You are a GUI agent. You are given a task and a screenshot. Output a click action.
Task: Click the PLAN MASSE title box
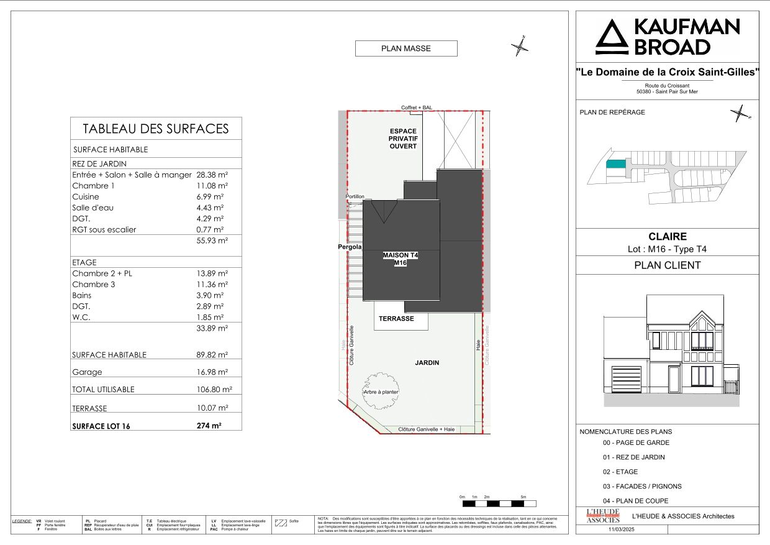(406, 48)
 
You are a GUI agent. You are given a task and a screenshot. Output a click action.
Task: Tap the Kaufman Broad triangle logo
(612, 37)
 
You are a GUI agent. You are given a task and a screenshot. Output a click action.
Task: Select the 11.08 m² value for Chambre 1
(212, 186)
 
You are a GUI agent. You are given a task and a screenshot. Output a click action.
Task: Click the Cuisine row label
(86, 196)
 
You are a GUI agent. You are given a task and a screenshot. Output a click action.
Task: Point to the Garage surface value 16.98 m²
(212, 372)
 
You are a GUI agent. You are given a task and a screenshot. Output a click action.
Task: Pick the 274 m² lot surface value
(209, 426)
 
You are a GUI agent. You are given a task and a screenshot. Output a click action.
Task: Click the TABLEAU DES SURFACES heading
(156, 129)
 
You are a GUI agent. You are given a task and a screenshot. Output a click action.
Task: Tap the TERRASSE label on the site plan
(396, 318)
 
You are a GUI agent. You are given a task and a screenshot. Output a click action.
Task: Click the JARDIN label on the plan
(428, 362)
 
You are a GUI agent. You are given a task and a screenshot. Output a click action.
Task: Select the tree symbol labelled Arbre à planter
(381, 391)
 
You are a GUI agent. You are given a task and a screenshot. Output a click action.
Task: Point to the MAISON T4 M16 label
(401, 259)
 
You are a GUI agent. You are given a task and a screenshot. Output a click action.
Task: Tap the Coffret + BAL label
(416, 108)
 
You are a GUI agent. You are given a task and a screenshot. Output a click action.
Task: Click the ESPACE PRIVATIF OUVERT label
(403, 139)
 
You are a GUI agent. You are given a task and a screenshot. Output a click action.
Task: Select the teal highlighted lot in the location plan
(615, 164)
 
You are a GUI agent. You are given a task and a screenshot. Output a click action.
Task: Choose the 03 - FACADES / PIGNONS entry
(633, 486)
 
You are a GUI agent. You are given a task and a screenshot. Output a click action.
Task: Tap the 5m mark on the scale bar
(523, 497)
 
